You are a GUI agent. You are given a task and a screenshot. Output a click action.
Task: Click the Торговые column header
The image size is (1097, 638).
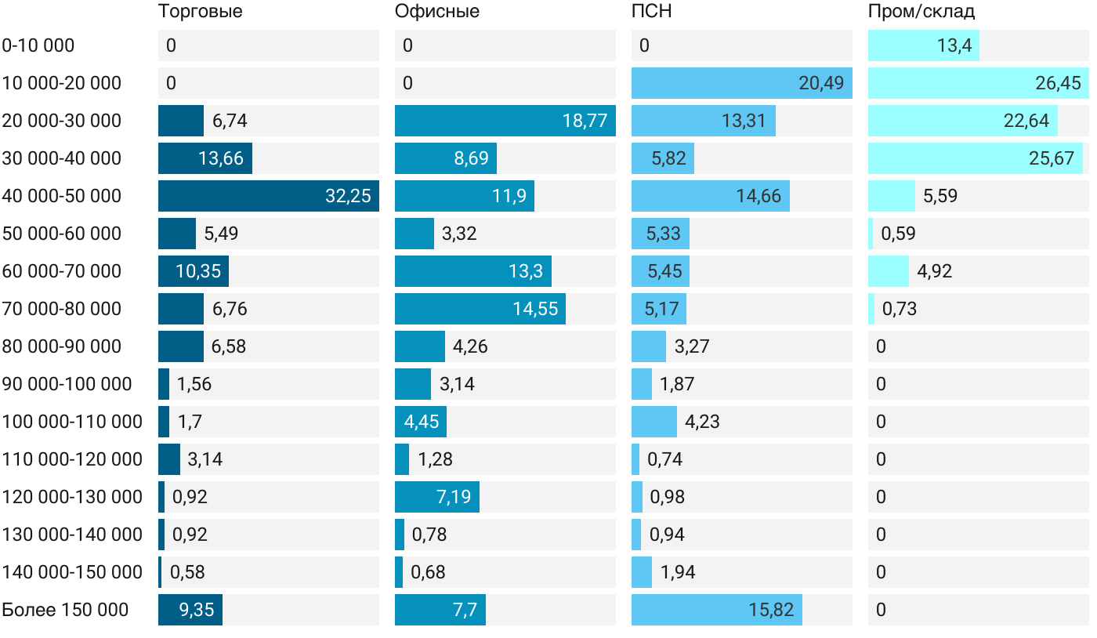click(200, 12)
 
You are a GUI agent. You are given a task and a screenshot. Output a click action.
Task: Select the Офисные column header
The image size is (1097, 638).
click(437, 12)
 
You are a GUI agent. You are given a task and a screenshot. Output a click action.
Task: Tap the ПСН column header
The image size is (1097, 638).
click(651, 12)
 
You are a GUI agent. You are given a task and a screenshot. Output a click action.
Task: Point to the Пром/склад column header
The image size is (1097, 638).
click(921, 12)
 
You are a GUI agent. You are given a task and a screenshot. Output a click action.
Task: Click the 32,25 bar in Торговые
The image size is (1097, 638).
click(268, 196)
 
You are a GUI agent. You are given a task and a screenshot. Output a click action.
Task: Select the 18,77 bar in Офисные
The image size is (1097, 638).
click(505, 121)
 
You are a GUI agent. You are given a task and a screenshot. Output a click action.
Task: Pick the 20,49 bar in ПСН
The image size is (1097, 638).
click(741, 83)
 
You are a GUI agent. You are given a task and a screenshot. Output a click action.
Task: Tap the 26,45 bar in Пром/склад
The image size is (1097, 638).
click(978, 83)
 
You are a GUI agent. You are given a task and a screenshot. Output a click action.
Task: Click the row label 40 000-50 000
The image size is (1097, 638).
click(62, 196)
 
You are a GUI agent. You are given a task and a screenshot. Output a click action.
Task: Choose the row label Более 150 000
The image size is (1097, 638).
click(65, 610)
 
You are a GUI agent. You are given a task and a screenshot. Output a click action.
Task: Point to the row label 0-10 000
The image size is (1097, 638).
click(38, 45)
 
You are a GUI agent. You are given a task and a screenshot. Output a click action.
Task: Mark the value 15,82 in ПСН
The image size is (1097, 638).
click(771, 610)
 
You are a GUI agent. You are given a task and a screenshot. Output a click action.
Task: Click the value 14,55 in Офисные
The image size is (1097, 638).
click(535, 309)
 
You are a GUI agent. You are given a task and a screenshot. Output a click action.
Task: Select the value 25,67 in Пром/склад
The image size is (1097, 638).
click(1051, 158)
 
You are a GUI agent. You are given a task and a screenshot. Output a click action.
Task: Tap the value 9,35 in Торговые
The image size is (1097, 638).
click(196, 610)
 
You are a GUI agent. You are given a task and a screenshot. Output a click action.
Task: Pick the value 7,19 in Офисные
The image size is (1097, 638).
click(454, 497)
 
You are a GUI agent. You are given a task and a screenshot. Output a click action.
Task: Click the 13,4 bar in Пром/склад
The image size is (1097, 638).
click(923, 45)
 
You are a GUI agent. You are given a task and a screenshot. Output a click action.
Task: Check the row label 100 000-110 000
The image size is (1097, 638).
click(72, 422)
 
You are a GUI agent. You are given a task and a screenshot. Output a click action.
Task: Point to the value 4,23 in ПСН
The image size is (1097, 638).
click(702, 422)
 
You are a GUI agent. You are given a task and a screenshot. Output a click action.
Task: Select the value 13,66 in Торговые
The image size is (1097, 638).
click(221, 158)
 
